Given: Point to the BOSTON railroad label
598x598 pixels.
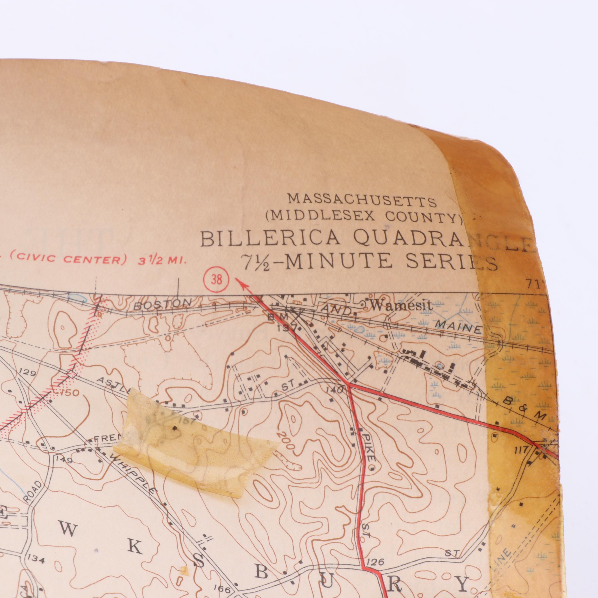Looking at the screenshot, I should click(163, 304).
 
